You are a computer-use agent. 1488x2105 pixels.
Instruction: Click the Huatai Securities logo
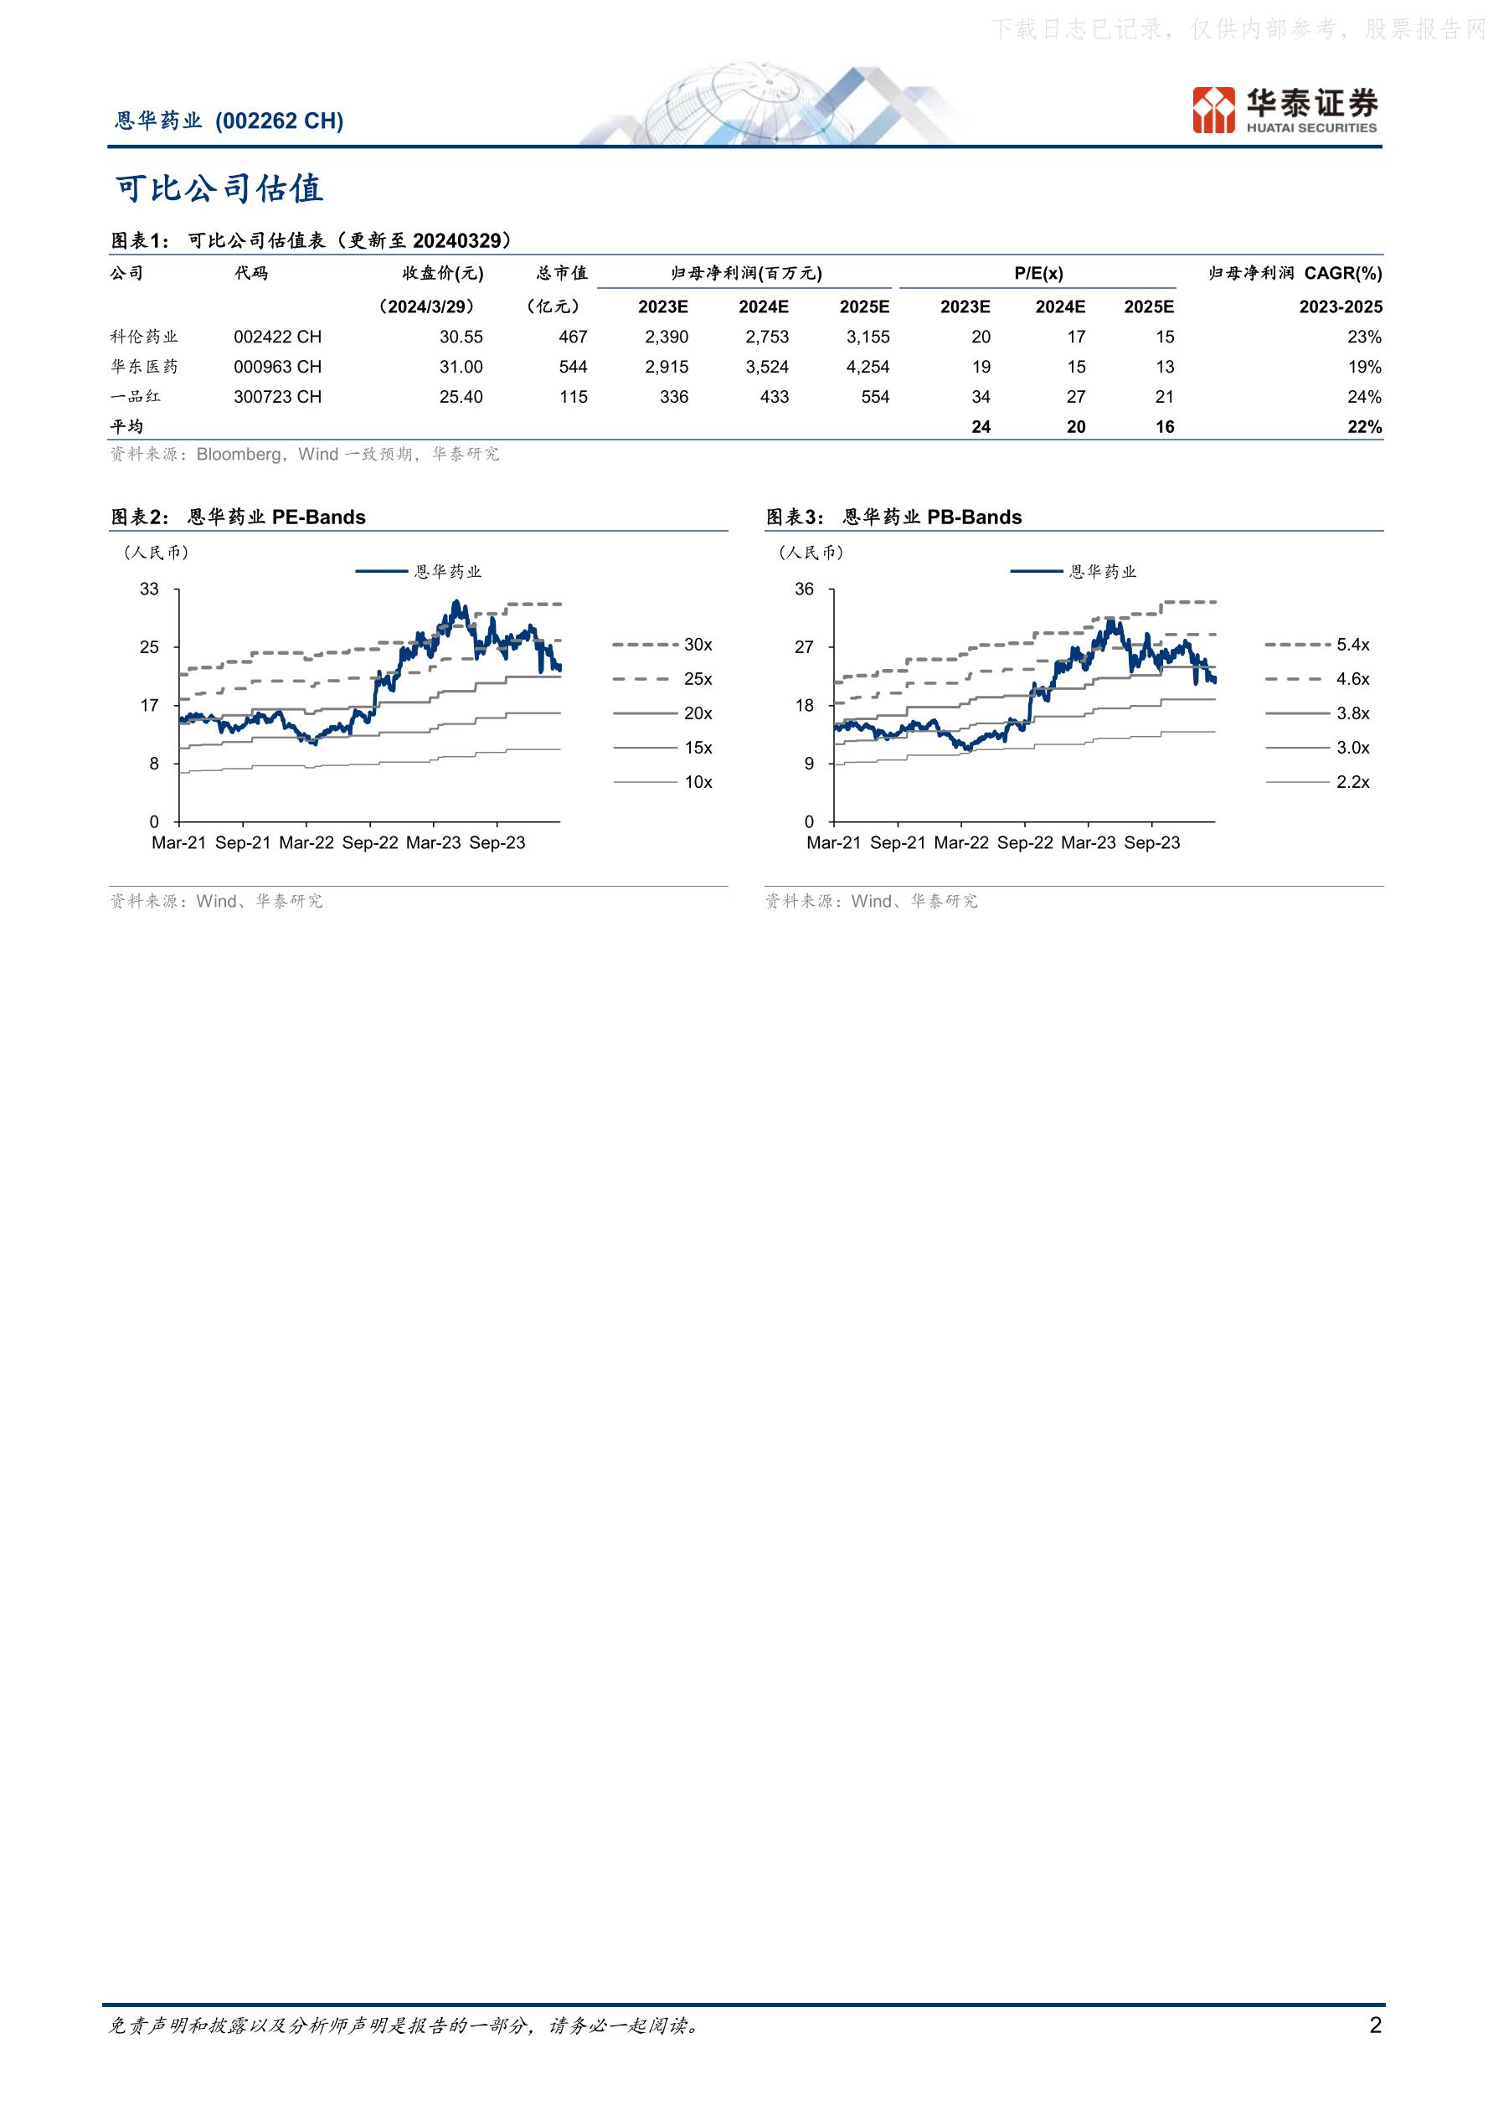click(1285, 110)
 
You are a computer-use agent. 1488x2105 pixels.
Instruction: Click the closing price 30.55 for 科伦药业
click(461, 337)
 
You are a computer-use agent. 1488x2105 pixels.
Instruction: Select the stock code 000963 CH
click(278, 367)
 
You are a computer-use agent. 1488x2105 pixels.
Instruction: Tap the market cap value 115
click(574, 397)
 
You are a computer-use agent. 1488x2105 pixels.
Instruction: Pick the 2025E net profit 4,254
click(868, 367)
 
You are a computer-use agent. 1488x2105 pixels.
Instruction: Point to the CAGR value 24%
click(1364, 397)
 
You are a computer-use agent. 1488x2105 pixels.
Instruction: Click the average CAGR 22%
click(1364, 427)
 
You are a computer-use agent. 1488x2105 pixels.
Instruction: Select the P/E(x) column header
click(1039, 273)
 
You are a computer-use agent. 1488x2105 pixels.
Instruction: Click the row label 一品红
click(136, 397)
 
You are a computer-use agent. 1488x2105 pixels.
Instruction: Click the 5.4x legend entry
click(1317, 645)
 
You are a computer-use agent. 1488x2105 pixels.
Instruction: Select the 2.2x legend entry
click(1317, 782)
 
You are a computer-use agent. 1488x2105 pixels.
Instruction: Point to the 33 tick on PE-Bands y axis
click(149, 589)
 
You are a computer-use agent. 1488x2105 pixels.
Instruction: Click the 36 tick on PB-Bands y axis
click(804, 589)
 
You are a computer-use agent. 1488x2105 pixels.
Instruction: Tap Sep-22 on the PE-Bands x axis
click(370, 842)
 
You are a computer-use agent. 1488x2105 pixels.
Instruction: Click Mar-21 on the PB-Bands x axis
click(834, 842)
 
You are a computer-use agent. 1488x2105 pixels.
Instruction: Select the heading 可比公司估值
click(219, 189)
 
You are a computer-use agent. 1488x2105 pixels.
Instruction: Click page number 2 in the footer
click(1374, 2025)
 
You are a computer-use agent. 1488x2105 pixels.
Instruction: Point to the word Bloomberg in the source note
click(239, 454)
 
